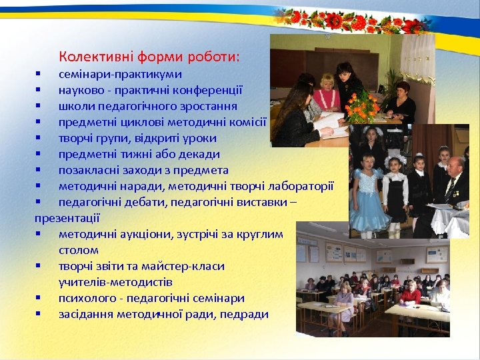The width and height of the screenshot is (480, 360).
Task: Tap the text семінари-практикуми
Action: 120,74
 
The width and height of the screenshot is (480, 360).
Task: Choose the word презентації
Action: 67,217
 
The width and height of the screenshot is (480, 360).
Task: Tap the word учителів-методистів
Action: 115,282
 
